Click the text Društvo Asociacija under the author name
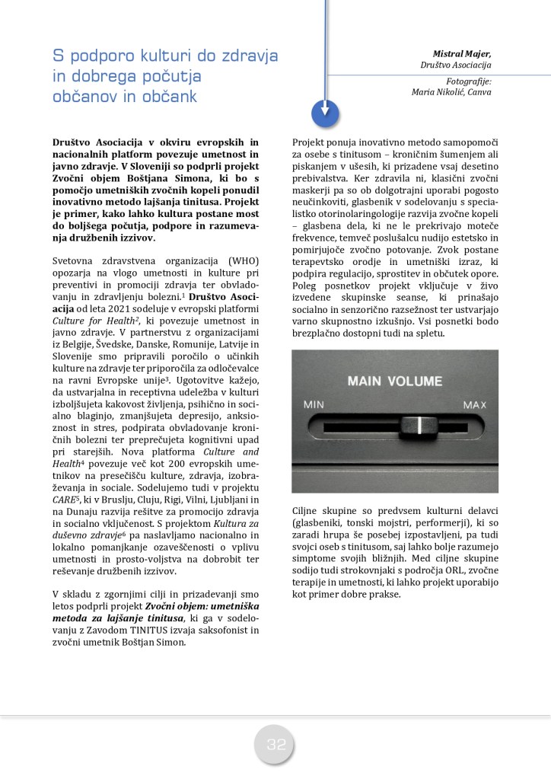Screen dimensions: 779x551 pos(455,65)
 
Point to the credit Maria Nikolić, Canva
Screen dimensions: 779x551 pos(451,92)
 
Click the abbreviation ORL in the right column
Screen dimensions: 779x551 pos(451,570)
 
